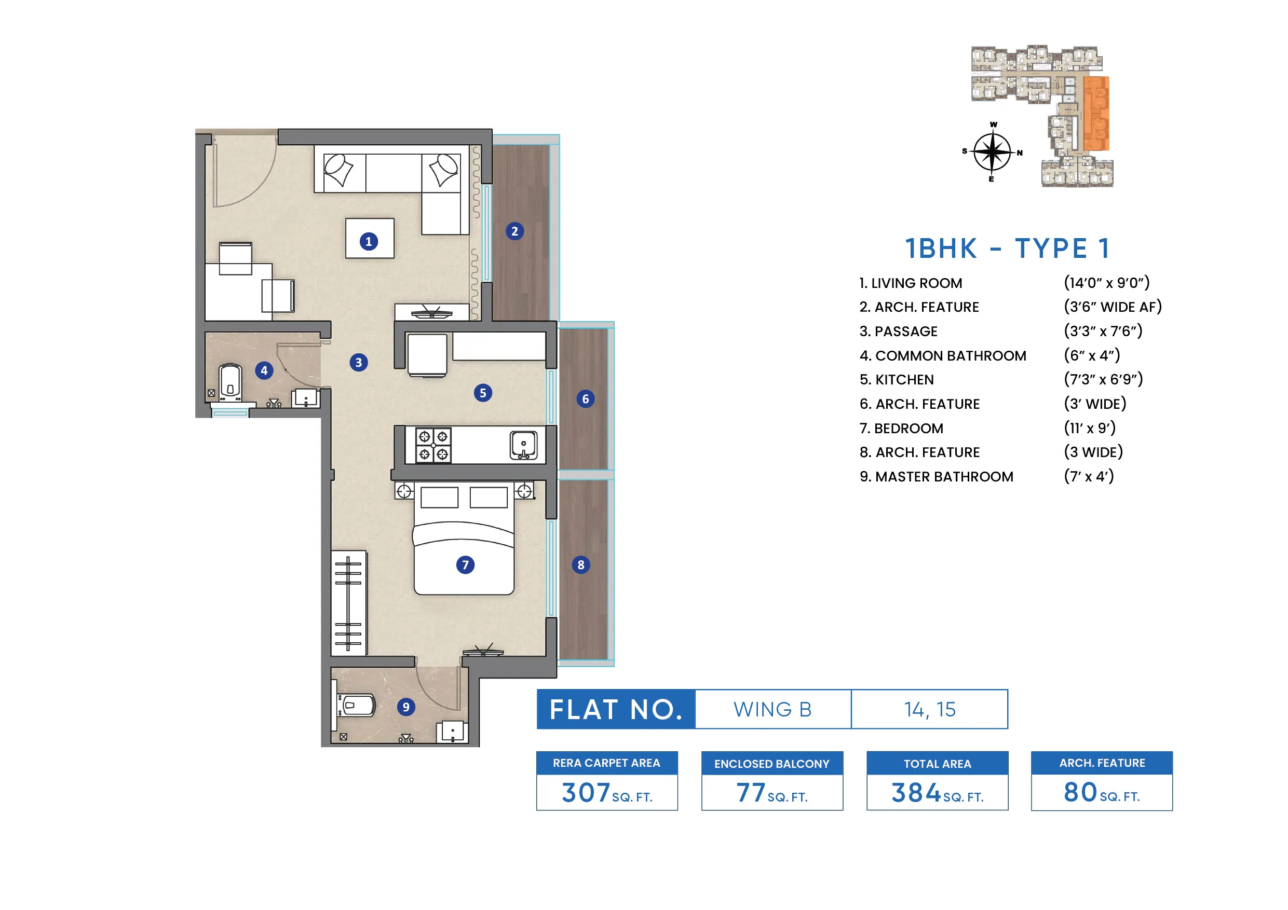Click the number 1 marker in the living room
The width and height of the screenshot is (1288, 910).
tap(369, 242)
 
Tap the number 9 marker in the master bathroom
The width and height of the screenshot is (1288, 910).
tap(405, 707)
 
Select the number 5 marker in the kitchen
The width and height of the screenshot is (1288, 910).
tap(482, 393)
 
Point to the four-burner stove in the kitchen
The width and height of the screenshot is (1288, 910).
tap(433, 445)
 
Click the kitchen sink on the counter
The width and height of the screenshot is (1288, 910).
tap(523, 445)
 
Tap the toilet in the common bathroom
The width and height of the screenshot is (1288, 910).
tap(230, 382)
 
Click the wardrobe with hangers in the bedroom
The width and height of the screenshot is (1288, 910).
tap(348, 603)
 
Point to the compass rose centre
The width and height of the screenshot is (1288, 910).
tap(992, 151)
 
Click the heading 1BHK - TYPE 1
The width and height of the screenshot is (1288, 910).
tap(1008, 249)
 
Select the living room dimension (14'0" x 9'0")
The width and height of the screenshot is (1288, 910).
tap(1106, 283)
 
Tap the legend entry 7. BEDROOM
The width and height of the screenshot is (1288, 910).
tap(901, 429)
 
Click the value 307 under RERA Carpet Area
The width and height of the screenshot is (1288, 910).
tap(586, 793)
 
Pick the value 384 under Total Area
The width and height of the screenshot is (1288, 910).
tap(915, 793)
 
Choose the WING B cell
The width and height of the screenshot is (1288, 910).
tap(772, 710)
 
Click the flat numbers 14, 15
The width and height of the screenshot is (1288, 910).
tap(930, 710)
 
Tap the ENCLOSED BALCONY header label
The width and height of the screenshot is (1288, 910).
tap(771, 764)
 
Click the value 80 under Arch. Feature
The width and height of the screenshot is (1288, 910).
tap(1080, 792)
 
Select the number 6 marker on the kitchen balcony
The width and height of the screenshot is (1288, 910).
tap(585, 399)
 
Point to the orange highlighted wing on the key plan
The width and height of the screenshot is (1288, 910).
tap(1095, 114)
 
